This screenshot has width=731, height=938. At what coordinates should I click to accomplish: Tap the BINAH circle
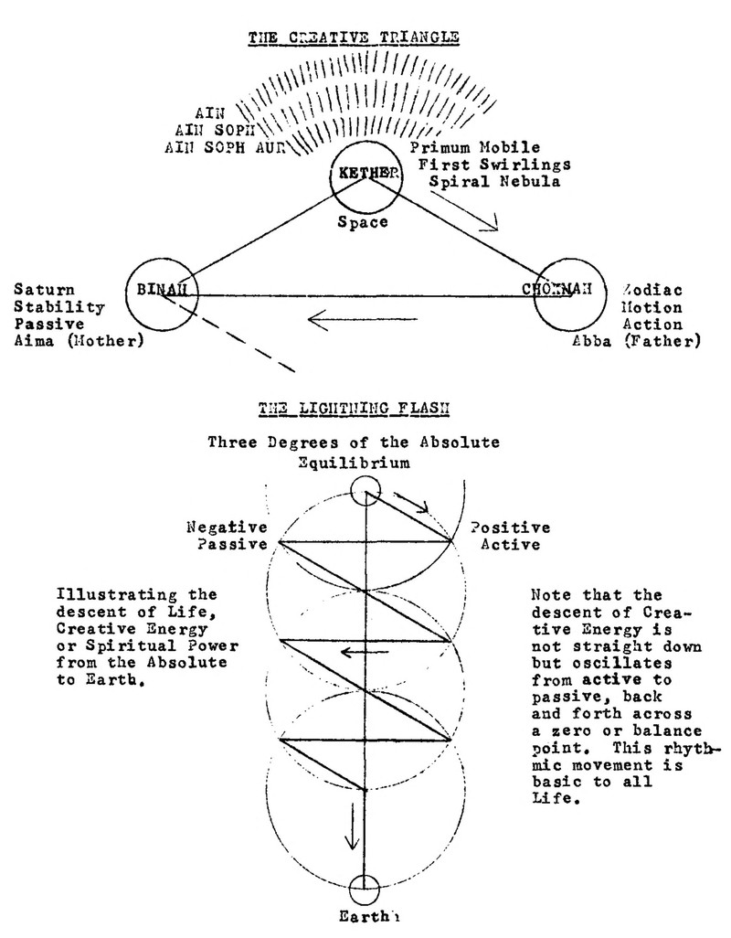(162, 293)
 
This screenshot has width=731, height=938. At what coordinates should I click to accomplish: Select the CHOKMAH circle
(569, 293)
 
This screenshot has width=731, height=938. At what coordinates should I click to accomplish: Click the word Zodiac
(650, 290)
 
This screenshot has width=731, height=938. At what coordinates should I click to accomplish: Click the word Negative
(226, 528)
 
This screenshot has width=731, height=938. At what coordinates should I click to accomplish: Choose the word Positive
(510, 528)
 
